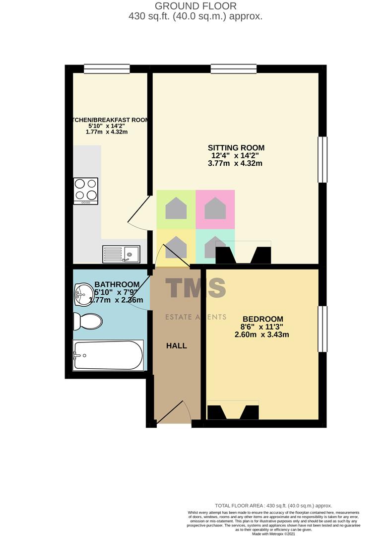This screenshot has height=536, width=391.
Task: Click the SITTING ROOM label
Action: pyautogui.click(x=236, y=147)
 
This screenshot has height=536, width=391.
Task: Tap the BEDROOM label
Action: pyautogui.click(x=262, y=319)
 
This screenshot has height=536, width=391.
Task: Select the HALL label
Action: pyautogui.click(x=177, y=345)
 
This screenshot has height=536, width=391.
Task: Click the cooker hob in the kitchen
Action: pyautogui.click(x=85, y=191)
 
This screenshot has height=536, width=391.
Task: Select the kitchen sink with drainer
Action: pyautogui.click(x=122, y=255)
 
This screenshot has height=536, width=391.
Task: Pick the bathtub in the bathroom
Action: pyautogui.click(x=108, y=355)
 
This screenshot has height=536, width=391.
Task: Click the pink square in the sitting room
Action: pyautogui.click(x=215, y=209)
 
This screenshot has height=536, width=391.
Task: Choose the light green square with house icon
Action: pyautogui.click(x=176, y=209)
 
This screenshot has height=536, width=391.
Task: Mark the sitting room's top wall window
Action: pyautogui.click(x=233, y=69)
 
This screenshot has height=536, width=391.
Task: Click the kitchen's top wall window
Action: pyautogui.click(x=107, y=69)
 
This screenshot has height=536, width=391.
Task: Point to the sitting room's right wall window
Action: pyautogui.click(x=323, y=159)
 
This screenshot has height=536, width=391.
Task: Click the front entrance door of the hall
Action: pyautogui.click(x=172, y=413)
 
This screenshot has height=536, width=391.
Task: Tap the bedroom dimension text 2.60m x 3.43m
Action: pyautogui.click(x=262, y=335)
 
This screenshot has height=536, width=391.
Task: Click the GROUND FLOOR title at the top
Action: pyautogui.click(x=195, y=6)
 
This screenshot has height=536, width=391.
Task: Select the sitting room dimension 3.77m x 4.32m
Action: pyautogui.click(x=236, y=163)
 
